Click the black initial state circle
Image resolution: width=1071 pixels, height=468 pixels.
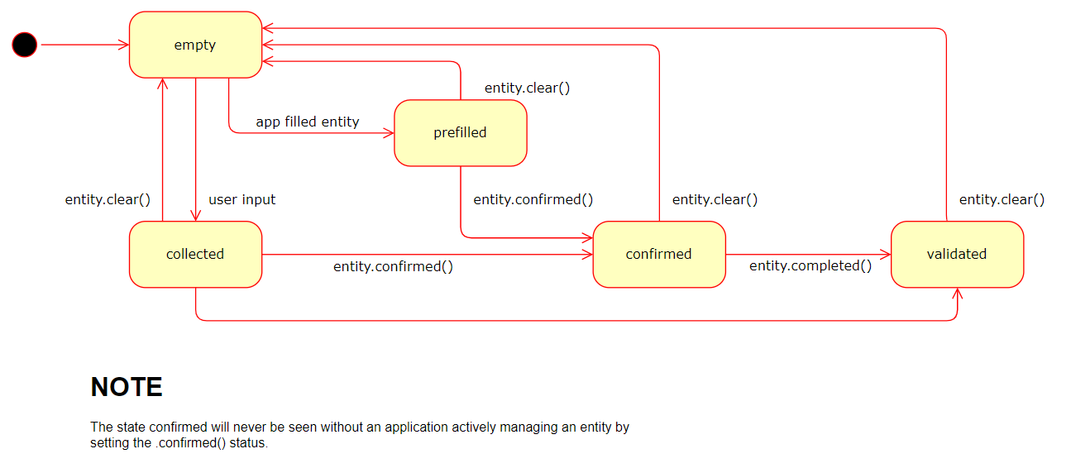coord(25,45)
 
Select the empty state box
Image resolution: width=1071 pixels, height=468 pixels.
coord(195,45)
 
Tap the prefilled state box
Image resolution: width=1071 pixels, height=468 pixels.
coord(460,133)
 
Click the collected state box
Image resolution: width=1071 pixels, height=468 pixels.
coord(195,255)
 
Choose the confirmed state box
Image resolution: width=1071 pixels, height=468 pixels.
coord(658,255)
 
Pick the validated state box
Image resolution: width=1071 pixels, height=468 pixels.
coord(957,255)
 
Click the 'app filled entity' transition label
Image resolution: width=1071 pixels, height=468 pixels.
coord(308,122)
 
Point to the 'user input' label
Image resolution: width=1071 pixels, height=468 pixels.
coord(241,199)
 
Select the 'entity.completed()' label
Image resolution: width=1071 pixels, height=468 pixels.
coord(810,265)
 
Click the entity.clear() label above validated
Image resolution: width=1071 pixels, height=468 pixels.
coord(1002,199)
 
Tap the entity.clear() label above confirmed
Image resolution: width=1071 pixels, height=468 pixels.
coord(715,199)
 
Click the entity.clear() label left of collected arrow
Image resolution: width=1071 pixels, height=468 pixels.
coord(108,199)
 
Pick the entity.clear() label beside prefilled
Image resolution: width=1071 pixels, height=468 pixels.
coord(527,88)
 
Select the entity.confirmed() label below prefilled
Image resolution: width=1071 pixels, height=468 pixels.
coord(533,199)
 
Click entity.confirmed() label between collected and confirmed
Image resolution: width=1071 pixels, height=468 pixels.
coord(393,266)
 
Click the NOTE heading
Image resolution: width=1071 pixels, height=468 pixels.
coord(126,387)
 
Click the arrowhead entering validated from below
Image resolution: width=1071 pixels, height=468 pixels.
coord(958,294)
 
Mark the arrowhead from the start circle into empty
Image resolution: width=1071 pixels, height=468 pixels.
coord(123,45)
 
